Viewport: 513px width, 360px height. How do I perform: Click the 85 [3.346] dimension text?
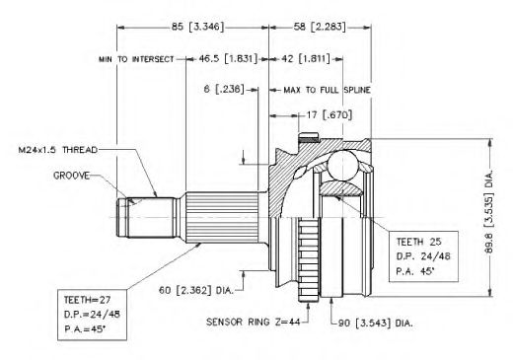coord(197,27)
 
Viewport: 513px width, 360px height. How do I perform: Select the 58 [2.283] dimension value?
coord(320,27)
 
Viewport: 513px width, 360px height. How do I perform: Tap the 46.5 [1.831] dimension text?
coord(228,59)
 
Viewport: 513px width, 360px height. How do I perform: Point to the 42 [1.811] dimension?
coord(306,59)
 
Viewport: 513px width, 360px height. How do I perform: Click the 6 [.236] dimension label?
coord(224,89)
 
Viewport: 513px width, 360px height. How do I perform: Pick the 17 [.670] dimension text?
coord(330,114)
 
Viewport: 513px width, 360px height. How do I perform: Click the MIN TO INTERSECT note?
coord(136,59)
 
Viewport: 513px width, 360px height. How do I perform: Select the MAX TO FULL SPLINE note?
coord(327,90)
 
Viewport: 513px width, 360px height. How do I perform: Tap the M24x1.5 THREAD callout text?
coord(58,150)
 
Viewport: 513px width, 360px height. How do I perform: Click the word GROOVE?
coord(71,176)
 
